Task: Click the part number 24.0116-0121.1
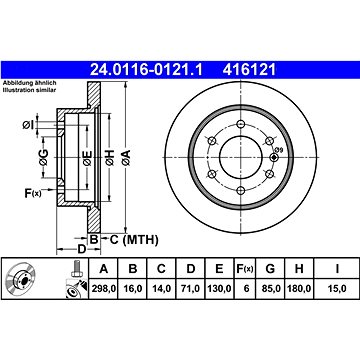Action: (147, 70)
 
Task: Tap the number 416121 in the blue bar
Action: (249, 70)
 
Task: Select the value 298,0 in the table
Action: (103, 289)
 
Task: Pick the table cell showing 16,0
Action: (133, 289)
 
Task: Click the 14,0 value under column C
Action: (161, 289)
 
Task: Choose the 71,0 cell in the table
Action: (190, 289)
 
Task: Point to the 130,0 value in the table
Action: (219, 289)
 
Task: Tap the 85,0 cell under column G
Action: (270, 289)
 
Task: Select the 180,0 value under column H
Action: (299, 289)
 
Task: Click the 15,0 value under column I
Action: (337, 289)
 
